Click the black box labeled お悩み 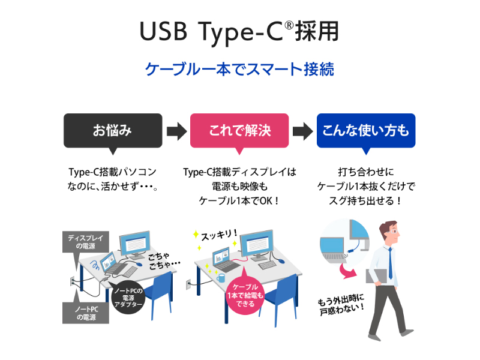pyautogui.click(x=113, y=130)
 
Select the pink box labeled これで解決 pyautogui.click(x=239, y=130)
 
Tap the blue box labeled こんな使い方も pyautogui.click(x=366, y=130)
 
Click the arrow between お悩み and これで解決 pyautogui.click(x=176, y=130)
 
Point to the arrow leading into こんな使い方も pyautogui.click(x=303, y=130)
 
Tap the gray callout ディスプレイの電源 pyautogui.click(x=85, y=242)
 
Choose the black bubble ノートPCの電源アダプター pyautogui.click(x=128, y=296)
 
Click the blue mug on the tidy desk pyautogui.click(x=221, y=278)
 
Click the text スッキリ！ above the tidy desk pyautogui.click(x=218, y=233)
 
